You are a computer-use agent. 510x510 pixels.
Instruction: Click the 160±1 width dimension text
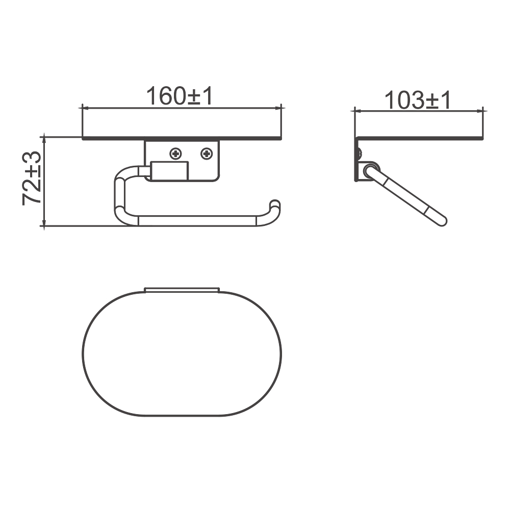pyautogui.click(x=180, y=96)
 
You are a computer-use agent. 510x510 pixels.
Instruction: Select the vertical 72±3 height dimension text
pyautogui.click(x=32, y=178)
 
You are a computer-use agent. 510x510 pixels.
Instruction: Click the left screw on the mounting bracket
pyautogui.click(x=175, y=153)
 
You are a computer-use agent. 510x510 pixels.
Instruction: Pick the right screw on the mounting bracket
pyautogui.click(x=207, y=153)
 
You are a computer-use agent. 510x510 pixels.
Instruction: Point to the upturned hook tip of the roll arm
pyautogui.click(x=275, y=205)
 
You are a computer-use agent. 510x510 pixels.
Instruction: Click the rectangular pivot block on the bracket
pyautogui.click(x=169, y=170)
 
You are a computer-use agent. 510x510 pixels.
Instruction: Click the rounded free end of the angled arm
pyautogui.click(x=442, y=221)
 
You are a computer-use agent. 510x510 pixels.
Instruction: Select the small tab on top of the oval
pyautogui.click(x=182, y=290)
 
